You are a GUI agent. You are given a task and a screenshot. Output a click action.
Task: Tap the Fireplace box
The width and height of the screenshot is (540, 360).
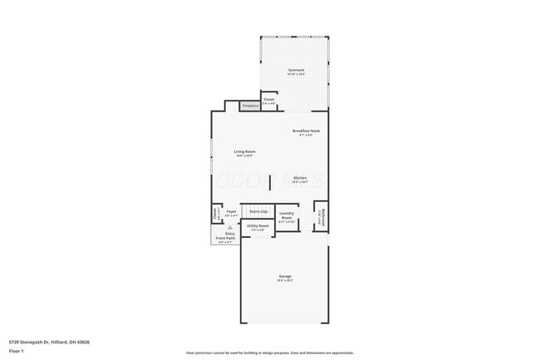point(249,106)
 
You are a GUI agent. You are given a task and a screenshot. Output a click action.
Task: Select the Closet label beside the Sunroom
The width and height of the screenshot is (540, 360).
point(269,100)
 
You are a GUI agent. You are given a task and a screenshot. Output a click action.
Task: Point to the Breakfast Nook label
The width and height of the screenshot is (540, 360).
point(306,131)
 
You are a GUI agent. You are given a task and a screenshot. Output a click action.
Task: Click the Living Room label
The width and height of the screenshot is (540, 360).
point(244,151)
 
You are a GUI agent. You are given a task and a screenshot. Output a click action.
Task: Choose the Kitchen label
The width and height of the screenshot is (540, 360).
point(300,178)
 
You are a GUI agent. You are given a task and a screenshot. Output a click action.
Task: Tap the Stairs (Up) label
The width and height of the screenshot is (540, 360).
point(258,212)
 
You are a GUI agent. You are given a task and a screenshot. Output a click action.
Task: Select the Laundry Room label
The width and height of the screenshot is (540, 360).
point(287,216)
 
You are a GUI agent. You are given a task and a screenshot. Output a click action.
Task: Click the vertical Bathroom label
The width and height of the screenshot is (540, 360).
point(324,217)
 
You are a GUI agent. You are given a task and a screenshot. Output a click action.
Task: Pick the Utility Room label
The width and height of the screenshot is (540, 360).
point(258,226)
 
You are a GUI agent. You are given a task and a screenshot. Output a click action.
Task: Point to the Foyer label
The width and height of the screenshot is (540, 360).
point(231,212)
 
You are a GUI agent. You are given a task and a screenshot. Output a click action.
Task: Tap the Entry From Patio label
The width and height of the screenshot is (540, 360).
point(226,236)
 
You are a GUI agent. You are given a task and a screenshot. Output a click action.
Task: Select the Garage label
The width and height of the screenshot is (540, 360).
point(285,277)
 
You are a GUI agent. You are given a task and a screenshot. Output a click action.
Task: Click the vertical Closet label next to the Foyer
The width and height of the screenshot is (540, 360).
point(215,214)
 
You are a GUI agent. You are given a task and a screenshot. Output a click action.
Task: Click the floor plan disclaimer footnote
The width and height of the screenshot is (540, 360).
point(270,353)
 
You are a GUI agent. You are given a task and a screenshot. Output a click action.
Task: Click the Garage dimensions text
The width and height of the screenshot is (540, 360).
point(285,281)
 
